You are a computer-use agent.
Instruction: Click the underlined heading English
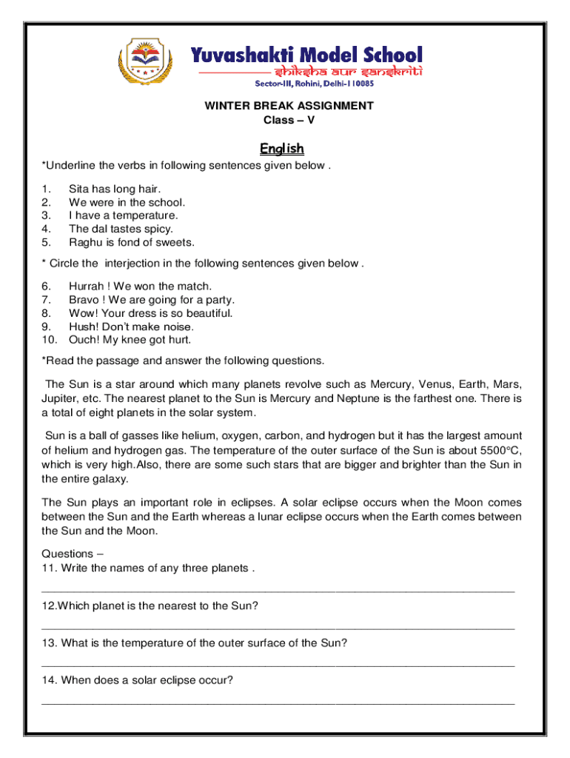282,149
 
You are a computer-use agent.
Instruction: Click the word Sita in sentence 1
80,189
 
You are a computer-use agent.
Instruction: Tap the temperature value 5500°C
497,451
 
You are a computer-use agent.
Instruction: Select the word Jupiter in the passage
61,398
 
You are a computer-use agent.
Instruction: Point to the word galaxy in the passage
114,478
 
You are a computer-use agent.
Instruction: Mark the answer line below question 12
278,628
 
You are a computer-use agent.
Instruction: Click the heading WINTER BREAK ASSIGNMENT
289,106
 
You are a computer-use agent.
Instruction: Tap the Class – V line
289,119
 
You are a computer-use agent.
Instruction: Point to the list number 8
46,313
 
